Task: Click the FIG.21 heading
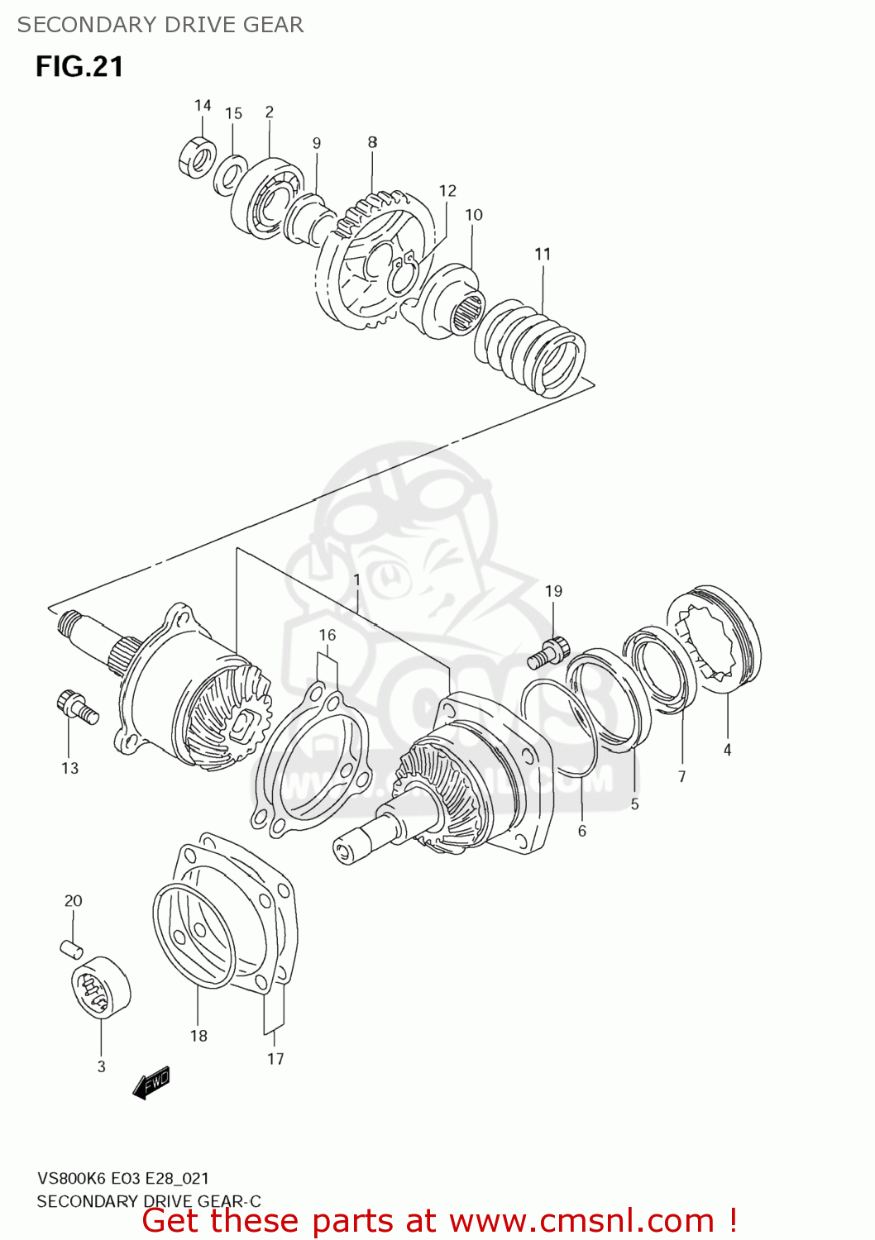[x=79, y=67]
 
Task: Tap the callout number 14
[x=203, y=105]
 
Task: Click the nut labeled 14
[x=197, y=158]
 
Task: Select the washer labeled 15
[x=231, y=176]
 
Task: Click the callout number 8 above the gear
[x=372, y=142]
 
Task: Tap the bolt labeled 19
[x=548, y=652]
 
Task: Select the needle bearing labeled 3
[x=101, y=987]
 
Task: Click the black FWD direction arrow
[x=151, y=1083]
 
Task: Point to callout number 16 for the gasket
[x=328, y=635]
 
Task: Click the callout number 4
[x=727, y=750]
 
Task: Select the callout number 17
[x=275, y=1058]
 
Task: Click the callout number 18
[x=198, y=1036]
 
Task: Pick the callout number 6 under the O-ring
[x=581, y=831]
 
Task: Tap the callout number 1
[x=356, y=580]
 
